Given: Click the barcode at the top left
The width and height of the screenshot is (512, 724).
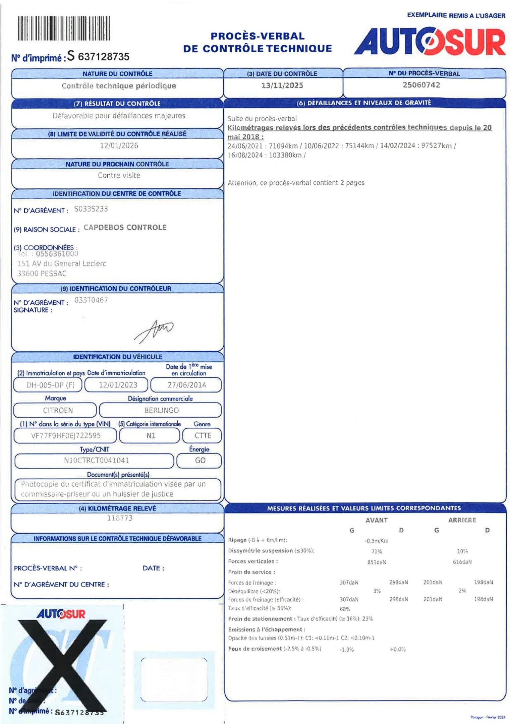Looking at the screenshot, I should point(64,28).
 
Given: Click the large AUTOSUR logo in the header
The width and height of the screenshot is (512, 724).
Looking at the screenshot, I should point(430,42).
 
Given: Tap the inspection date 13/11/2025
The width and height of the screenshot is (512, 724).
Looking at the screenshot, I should point(282,85).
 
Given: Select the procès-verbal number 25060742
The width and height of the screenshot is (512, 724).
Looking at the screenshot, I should point(421,85).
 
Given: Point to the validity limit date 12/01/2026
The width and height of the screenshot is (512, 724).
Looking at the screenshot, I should point(119,145).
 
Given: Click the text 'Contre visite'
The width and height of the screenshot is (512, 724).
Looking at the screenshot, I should point(119,175).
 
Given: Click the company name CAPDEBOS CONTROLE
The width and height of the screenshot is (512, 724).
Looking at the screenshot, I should point(125,228).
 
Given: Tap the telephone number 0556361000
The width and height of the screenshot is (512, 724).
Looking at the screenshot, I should point(57,254).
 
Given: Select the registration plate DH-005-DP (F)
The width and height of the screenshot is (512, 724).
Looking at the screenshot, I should point(50,385).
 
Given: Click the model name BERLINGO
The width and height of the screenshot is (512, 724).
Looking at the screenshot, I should point(161,410).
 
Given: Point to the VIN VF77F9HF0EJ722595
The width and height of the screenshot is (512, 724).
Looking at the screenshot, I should point(66,436).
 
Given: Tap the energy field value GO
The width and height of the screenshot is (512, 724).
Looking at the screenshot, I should point(200,461).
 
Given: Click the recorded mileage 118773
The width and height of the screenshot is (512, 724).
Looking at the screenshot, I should point(120,518).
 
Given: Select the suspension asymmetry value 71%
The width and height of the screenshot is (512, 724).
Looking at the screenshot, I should point(377,551).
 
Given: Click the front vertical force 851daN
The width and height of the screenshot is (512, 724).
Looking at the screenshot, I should point(377,562).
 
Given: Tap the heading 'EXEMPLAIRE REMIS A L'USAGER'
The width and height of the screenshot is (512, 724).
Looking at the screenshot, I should point(456,15).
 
